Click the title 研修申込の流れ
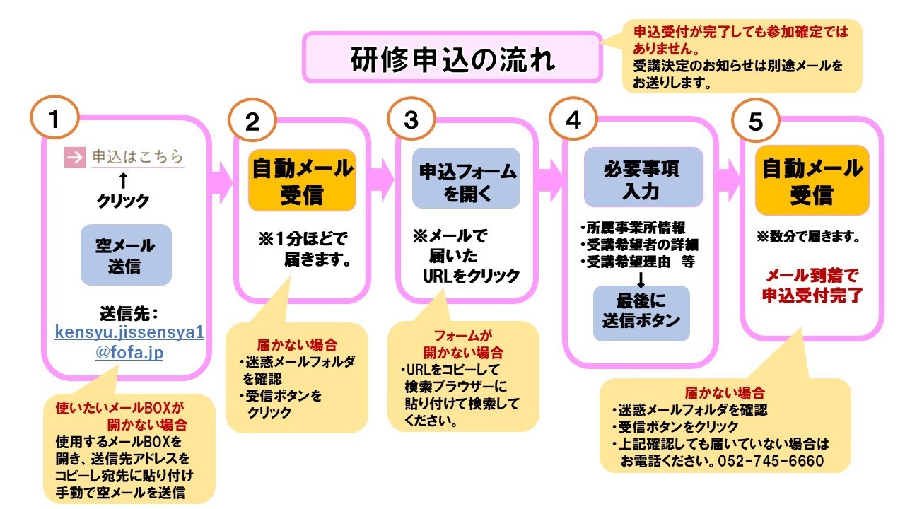pyautogui.click(x=452, y=59)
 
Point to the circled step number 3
pyautogui.click(x=411, y=121)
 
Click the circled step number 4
pyautogui.click(x=573, y=121)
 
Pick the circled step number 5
pyautogui.click(x=756, y=123)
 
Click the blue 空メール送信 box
pyautogui.click(x=126, y=255)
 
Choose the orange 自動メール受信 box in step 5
pyautogui.click(x=812, y=181)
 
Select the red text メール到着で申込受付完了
pyautogui.click(x=812, y=285)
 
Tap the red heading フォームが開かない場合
pyautogui.click(x=463, y=344)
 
